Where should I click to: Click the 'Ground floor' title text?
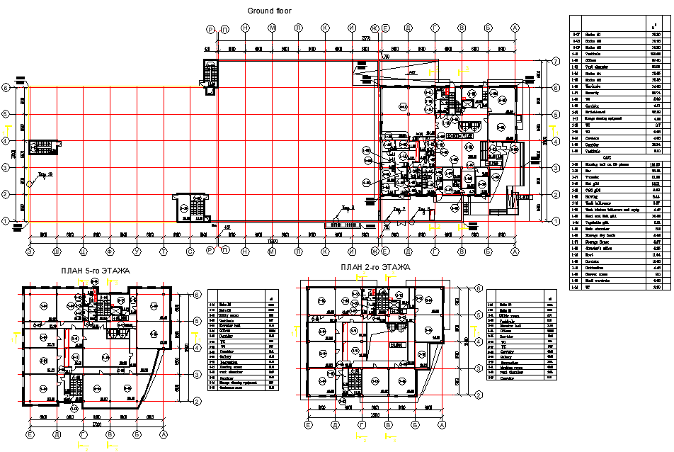click(x=268, y=11)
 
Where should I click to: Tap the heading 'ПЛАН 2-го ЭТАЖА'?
click(x=375, y=267)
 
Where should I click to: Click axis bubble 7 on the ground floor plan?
click(x=556, y=62)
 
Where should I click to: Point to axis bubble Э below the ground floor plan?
click(x=30, y=251)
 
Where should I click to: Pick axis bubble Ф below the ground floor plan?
click(x=110, y=251)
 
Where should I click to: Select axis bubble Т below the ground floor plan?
click(x=164, y=251)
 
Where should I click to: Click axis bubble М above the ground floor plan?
click(x=271, y=28)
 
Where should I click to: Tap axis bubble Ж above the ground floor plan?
click(x=375, y=28)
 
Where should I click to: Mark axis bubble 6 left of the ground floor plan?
click(x=6, y=88)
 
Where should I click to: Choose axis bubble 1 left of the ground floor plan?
click(x=6, y=221)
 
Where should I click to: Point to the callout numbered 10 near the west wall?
click(x=45, y=173)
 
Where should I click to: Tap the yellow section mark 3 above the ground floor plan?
click(x=466, y=69)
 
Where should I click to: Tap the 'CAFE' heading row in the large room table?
click(x=607, y=157)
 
